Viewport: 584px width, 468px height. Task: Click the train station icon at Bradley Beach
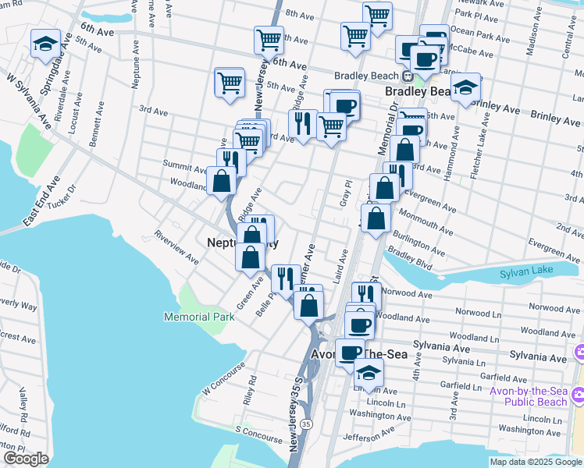point(407,76)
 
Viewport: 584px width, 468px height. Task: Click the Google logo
point(26,459)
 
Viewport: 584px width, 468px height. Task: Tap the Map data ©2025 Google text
point(536,462)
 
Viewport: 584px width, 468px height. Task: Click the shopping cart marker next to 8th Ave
point(377,15)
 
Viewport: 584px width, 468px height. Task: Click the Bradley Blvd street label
point(410,256)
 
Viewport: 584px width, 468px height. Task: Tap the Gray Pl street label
point(344,191)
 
